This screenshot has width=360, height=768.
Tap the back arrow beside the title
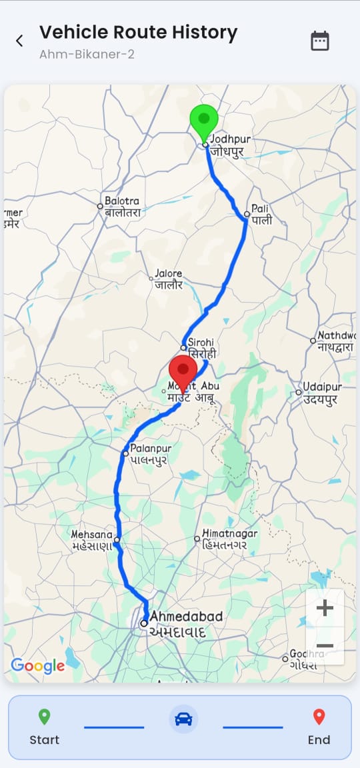coord(19,41)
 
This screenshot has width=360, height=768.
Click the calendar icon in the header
coord(320,41)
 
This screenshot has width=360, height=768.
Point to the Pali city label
coord(261,215)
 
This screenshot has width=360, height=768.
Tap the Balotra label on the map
coord(121,206)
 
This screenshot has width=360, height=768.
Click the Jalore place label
coord(168,279)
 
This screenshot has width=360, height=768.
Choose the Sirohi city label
coord(201,348)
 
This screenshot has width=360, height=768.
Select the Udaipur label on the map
coord(322,393)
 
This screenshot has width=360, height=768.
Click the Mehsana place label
coord(93,540)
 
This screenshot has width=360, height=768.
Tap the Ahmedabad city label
coord(177,623)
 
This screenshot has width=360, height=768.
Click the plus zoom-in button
coord(325,608)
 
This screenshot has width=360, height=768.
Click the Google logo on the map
coord(38,665)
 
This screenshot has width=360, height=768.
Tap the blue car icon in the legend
coord(183,719)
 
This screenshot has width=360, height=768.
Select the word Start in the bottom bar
coord(44,739)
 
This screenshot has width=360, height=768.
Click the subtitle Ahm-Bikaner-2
coord(87,54)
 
